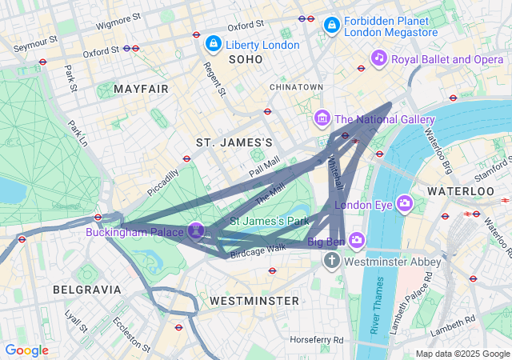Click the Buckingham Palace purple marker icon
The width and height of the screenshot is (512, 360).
[x=196, y=231]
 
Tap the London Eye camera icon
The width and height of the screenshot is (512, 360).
[x=405, y=203]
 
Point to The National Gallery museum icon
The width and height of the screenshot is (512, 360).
[x=322, y=119]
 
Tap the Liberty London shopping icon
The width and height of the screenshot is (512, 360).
[x=213, y=43]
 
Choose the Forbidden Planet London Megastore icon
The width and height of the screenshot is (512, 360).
[x=331, y=26]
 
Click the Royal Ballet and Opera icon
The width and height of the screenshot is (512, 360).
[x=379, y=58]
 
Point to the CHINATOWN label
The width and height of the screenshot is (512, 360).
[x=296, y=86]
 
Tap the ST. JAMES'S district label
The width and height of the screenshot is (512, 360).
[x=234, y=142]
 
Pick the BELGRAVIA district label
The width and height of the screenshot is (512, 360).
[x=86, y=289]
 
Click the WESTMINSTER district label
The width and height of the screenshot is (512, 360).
[x=254, y=300]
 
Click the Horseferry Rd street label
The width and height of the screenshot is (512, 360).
[x=317, y=339]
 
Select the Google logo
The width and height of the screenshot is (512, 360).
[x=26, y=350]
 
